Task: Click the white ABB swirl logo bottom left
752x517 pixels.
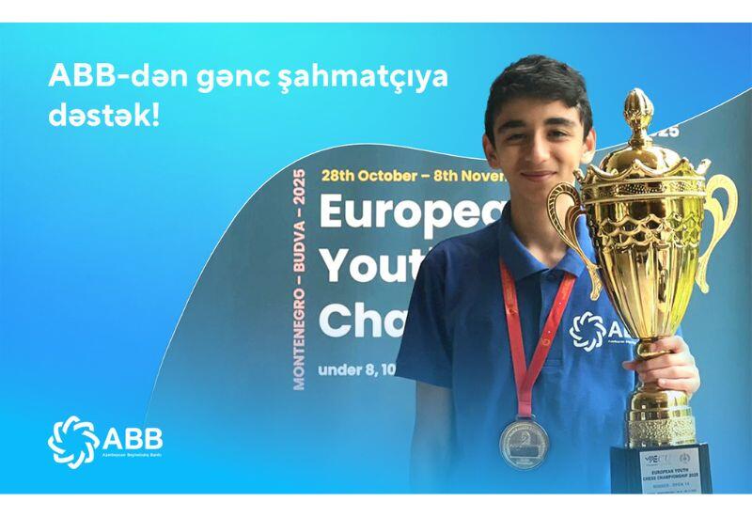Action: point(71,440)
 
